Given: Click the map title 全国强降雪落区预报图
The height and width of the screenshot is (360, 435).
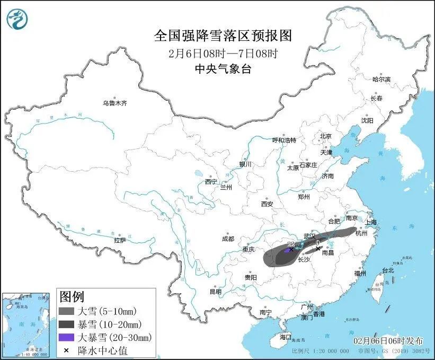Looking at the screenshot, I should pos(223,36).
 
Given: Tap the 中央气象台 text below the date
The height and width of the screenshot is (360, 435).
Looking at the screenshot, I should pos(223,68).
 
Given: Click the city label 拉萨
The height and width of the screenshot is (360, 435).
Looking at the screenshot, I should pos(120,240).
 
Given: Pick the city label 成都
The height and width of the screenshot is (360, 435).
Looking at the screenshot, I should pos(228,238).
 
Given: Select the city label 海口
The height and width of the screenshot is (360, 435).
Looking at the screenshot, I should pos(286,337).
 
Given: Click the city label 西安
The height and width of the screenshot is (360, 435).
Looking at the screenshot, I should pos(267,204).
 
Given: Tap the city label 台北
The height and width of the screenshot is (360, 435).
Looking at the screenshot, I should pos(387,270).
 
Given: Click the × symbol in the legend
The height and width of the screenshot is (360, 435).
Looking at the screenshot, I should pos(66,350).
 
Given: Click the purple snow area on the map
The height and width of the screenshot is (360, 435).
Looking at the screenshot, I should pos(287,250).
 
